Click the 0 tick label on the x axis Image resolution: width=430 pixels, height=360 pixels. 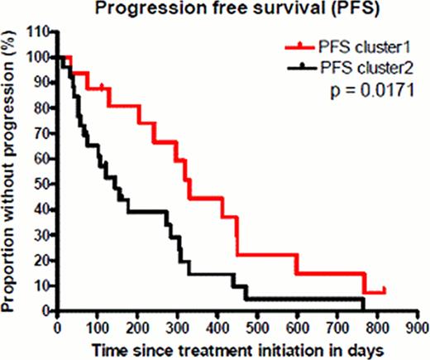[56, 327]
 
